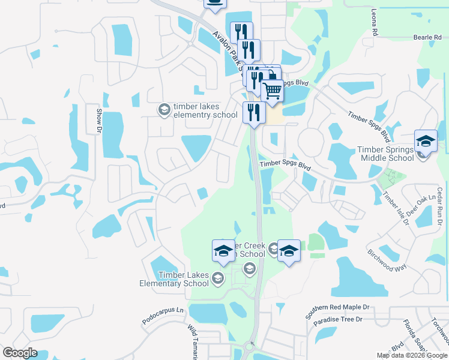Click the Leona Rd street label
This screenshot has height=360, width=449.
tap(374, 23)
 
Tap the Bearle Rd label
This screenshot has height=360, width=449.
tap(427, 37)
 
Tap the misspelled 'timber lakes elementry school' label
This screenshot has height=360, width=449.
tap(205, 111)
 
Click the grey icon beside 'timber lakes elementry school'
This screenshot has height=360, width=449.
tap(163, 110)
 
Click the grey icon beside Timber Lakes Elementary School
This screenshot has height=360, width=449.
tap(218, 277)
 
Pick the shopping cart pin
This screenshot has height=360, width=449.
tap(273, 91)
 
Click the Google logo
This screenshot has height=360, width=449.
tap(20, 353)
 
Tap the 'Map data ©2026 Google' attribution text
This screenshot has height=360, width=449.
tap(412, 355)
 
